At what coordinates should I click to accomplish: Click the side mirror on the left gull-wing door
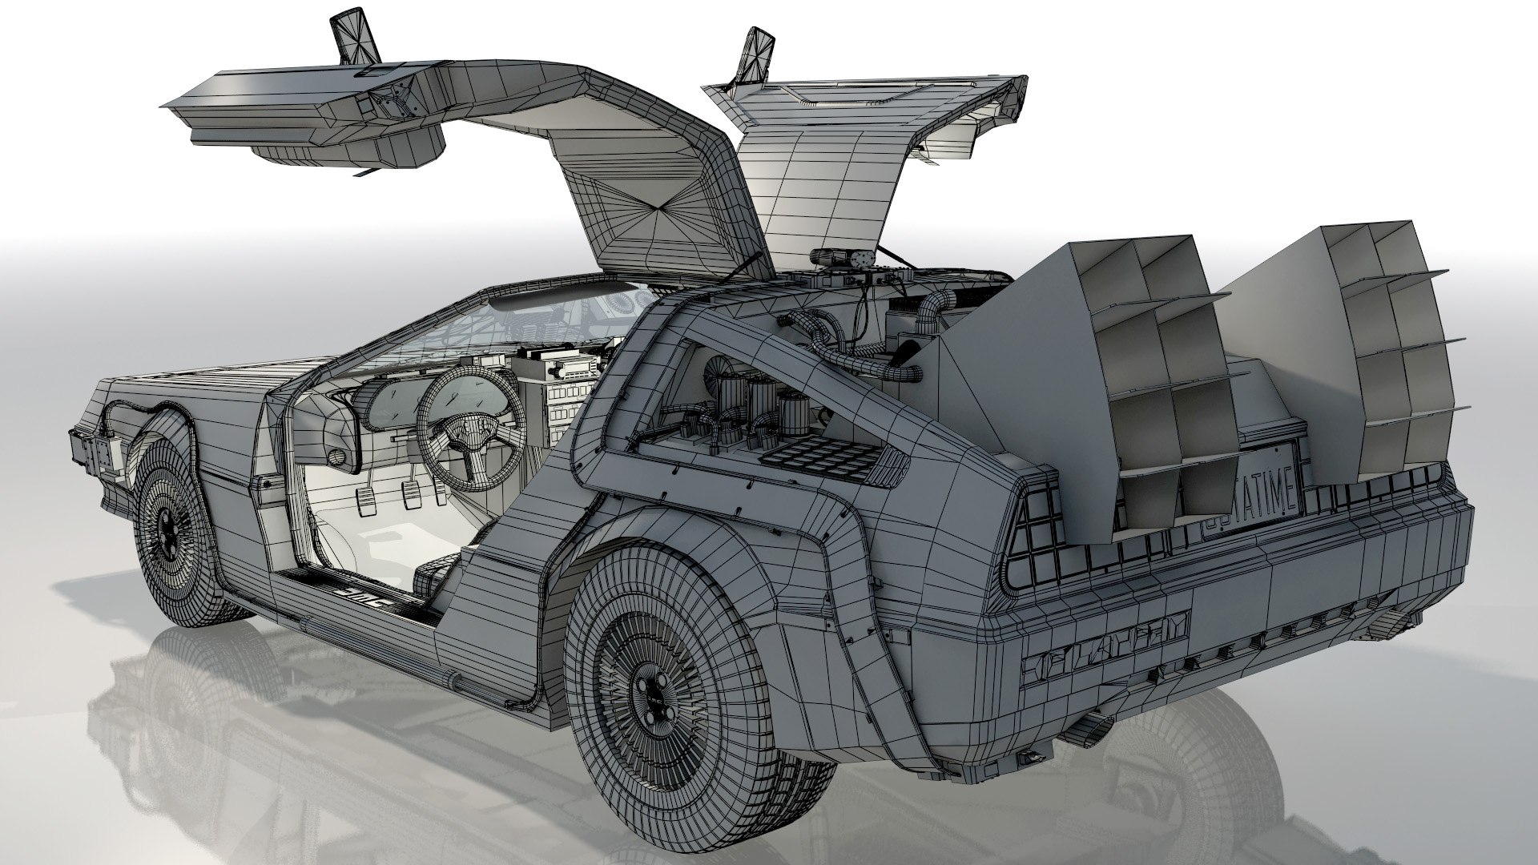pos(357,38)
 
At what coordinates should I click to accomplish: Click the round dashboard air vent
pos(341,457)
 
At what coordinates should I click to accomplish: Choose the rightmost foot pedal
pos(440,490)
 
